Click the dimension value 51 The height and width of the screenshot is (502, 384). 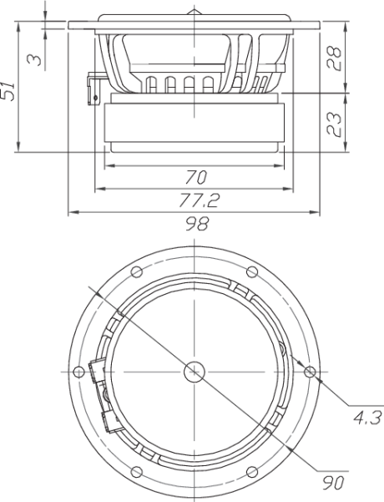pyautogui.click(x=8, y=91)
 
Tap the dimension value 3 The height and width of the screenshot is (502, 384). pyautogui.click(x=34, y=59)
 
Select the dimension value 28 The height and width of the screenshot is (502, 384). pyautogui.click(x=334, y=58)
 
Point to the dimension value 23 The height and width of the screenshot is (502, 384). pyautogui.click(x=334, y=124)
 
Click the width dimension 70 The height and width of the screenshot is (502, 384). pyautogui.click(x=196, y=177)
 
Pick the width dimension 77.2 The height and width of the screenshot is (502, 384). pyautogui.click(x=199, y=200)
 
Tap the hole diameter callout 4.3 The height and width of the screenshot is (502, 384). pyautogui.click(x=368, y=418)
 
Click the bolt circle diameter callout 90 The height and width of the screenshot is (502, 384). pyautogui.click(x=333, y=483)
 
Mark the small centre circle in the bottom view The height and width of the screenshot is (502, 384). pyautogui.click(x=195, y=372)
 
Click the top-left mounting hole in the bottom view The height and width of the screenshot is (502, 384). pyautogui.click(x=137, y=272)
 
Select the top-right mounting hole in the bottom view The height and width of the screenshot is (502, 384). pyautogui.click(x=252, y=272)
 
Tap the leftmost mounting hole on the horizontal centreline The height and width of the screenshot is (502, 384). pyautogui.click(x=78, y=372)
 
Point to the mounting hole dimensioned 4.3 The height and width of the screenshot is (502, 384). pyautogui.click(x=310, y=372)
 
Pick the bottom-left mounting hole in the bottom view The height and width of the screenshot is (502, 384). pyautogui.click(x=137, y=472)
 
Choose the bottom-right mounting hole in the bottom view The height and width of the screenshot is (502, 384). pyautogui.click(x=252, y=472)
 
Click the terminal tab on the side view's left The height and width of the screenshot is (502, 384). pyautogui.click(x=93, y=89)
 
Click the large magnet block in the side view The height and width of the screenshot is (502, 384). pyautogui.click(x=195, y=122)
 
